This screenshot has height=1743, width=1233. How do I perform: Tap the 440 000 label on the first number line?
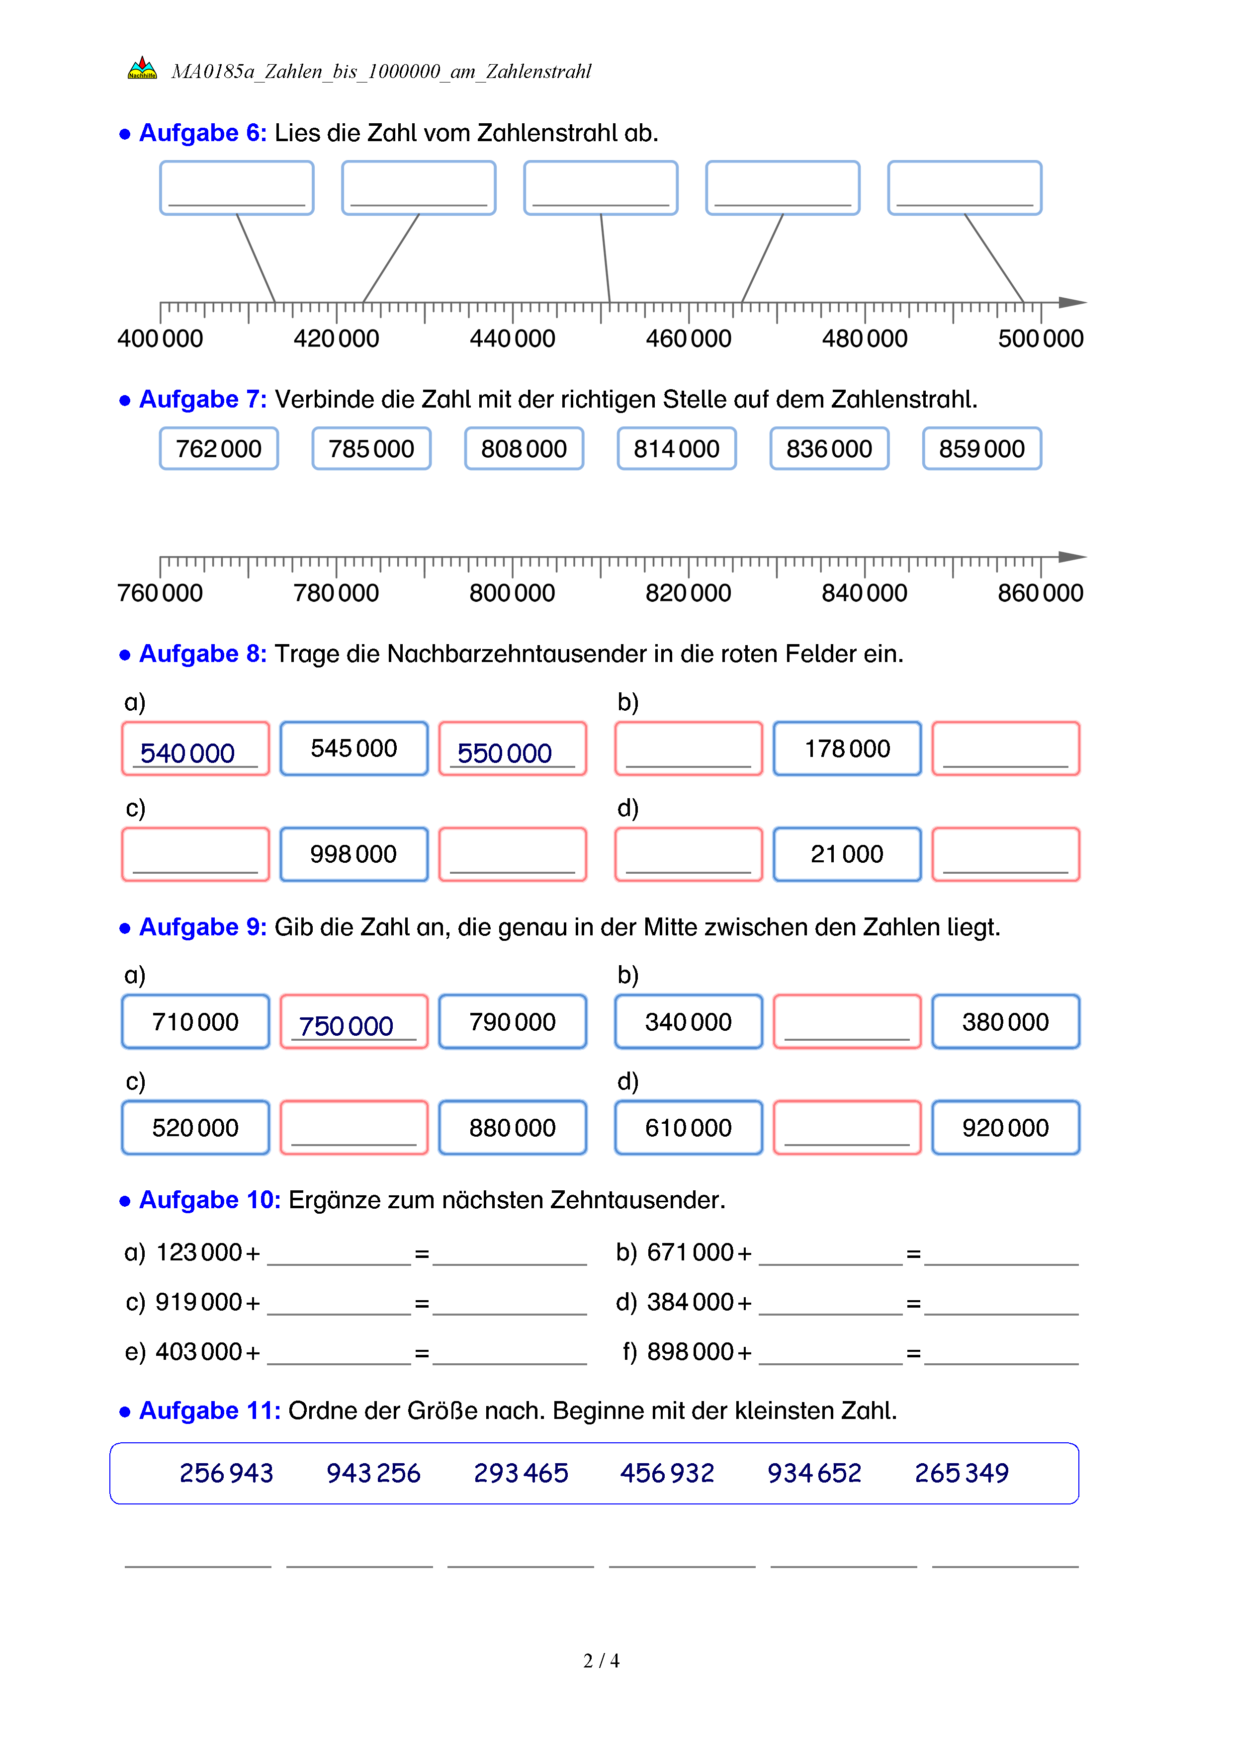[x=513, y=338]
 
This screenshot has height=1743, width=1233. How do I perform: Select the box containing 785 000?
[x=371, y=449]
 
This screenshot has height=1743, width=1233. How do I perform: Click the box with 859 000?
[x=982, y=449]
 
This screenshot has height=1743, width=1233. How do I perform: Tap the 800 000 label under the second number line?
[x=513, y=593]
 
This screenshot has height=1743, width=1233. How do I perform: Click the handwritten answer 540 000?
[x=187, y=753]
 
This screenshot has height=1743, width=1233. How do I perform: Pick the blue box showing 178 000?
[x=847, y=748]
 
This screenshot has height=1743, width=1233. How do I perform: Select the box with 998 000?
[x=354, y=854]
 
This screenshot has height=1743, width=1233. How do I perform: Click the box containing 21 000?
[x=847, y=854]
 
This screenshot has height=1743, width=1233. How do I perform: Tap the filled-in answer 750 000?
[x=346, y=1026]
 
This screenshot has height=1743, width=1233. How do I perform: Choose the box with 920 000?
[x=1005, y=1127]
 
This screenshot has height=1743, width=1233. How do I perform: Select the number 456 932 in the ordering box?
[x=667, y=1473]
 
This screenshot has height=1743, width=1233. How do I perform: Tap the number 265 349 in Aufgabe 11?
[x=961, y=1473]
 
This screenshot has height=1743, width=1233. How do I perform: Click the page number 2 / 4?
[x=601, y=1661]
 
